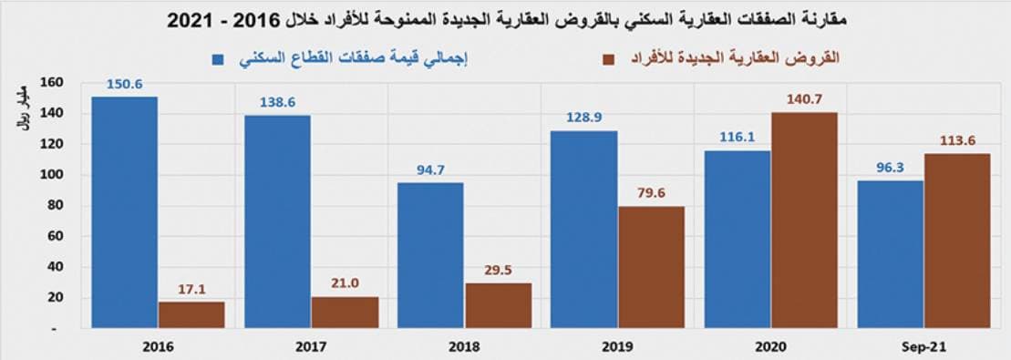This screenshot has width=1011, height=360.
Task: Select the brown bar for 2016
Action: pyautogui.click(x=191, y=314)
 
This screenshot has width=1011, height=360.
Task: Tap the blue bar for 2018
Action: pyautogui.click(x=430, y=254)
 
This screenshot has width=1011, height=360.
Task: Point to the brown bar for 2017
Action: pyautogui.click(x=345, y=312)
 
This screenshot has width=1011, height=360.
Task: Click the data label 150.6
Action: pyautogui.click(x=125, y=85)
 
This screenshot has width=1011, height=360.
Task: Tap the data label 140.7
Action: pyautogui.click(x=804, y=100)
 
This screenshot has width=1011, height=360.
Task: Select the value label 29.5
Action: pyautogui.click(x=498, y=270)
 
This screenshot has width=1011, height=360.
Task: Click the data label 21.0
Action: pyautogui.click(x=345, y=283)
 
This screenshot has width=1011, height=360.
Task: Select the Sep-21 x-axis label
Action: pyautogui.click(x=923, y=347)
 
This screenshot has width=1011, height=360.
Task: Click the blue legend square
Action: pyautogui.click(x=219, y=59)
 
